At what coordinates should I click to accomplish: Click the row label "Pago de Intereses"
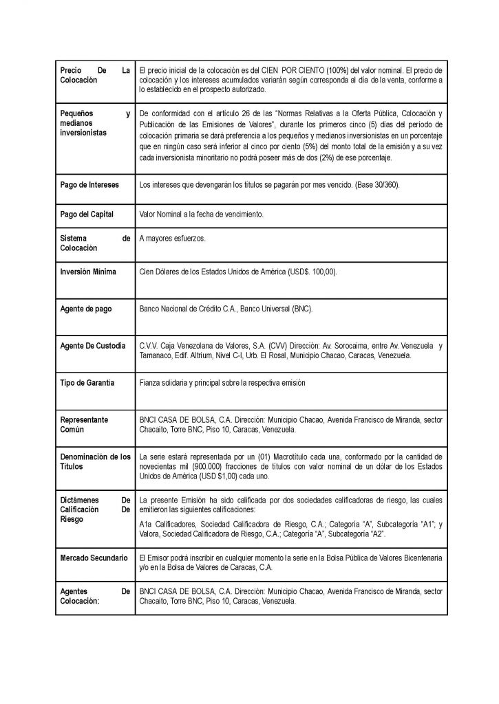[x=89, y=185]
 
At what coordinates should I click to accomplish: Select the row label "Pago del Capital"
[x=87, y=214]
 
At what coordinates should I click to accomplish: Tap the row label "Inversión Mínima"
[x=88, y=272]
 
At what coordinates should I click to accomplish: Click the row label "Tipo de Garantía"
[x=87, y=382]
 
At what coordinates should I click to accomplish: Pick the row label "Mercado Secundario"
[x=94, y=557]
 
